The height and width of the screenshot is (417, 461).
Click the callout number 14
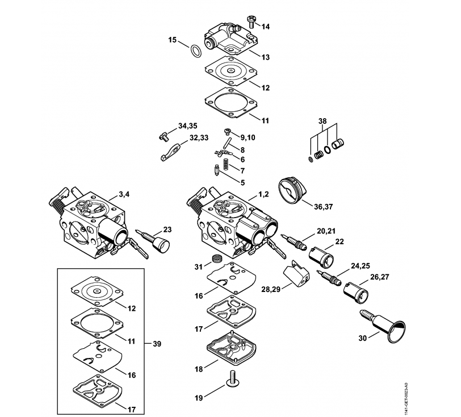point(265,27)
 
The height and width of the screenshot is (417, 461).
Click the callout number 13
point(265,57)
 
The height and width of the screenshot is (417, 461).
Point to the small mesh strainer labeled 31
point(216,258)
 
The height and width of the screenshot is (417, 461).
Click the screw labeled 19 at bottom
point(232,378)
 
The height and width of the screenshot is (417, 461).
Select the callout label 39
point(157,344)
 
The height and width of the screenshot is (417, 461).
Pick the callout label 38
point(322,121)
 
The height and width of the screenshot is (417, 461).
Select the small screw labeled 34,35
point(164,136)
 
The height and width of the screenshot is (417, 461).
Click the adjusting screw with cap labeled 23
point(153,240)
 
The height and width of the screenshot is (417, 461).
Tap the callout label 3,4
point(124,194)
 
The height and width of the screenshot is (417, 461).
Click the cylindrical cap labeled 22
point(321,257)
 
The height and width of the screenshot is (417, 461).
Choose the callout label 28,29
point(271,289)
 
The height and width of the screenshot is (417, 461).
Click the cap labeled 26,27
point(356,292)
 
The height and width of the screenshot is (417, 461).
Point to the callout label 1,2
point(263,194)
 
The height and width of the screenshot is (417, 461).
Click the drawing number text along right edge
point(406,399)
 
